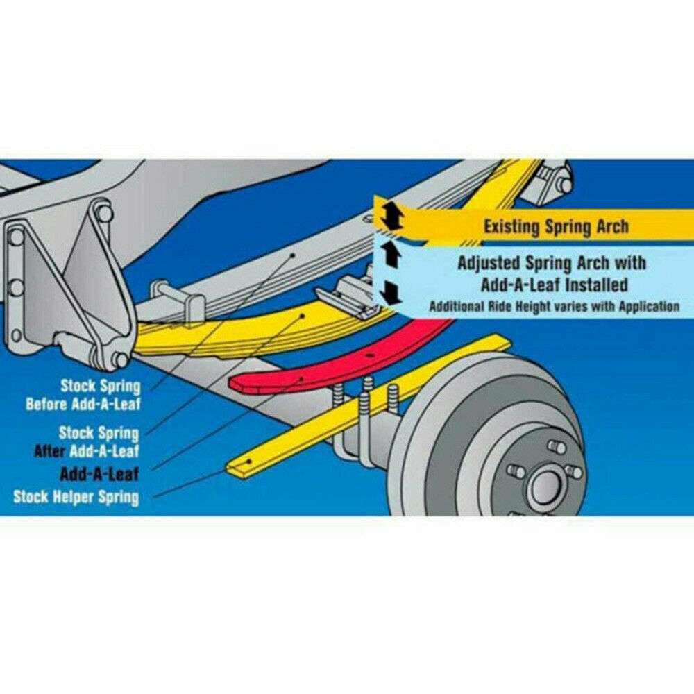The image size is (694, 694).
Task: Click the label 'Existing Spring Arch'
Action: pos(555,226)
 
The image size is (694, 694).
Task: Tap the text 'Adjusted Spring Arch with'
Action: pos(552,264)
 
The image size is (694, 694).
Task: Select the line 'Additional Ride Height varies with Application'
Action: pos(554,306)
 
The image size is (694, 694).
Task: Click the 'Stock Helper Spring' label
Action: pos(76,497)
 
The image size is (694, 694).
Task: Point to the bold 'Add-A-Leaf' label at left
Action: pos(99,475)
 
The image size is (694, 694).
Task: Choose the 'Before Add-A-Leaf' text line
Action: pos(82,404)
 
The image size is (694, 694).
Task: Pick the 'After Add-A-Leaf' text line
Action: pos(87,451)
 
